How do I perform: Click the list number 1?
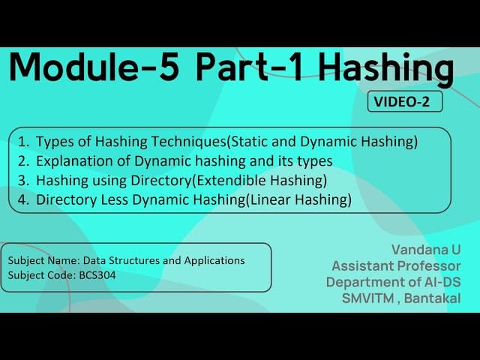click(22, 141)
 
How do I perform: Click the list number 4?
click(22, 199)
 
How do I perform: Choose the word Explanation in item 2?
click(71, 160)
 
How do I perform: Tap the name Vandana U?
click(425, 248)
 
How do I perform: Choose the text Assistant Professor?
click(396, 265)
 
